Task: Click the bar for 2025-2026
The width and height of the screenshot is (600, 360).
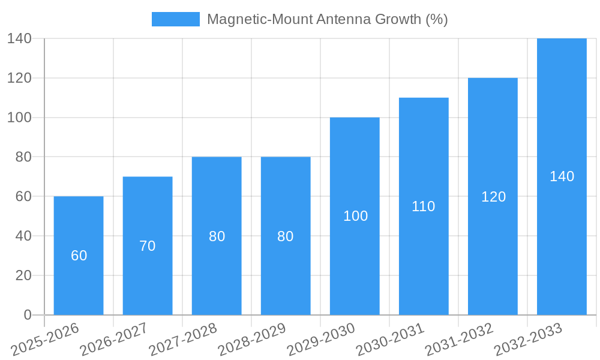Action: coord(79,282)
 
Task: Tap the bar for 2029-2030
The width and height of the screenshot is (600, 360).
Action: coord(355,264)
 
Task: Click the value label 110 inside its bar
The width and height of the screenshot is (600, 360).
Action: coord(424,206)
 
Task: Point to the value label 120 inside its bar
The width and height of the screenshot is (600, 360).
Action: coord(493,197)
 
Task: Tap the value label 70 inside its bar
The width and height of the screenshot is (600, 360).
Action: coord(148,246)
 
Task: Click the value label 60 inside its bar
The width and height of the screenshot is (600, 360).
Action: coord(79,256)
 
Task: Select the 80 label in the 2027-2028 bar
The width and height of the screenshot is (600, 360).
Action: coord(217,236)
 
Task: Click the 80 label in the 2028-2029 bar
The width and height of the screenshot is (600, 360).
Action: coord(286,236)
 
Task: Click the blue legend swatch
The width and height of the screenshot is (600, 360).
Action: coord(175,19)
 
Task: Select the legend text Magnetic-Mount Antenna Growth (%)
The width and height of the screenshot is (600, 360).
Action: coord(327,19)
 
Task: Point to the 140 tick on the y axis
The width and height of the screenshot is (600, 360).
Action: coord(19,38)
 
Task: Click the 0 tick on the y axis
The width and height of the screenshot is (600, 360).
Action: coord(28,315)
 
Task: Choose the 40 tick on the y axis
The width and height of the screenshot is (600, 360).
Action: coord(23,236)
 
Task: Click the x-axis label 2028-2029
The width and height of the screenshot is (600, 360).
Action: coord(252,340)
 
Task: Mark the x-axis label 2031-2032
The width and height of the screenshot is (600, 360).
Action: coord(459,340)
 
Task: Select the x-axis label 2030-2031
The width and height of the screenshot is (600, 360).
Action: coord(390,340)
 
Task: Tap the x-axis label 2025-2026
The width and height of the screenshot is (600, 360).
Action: coord(45,340)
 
